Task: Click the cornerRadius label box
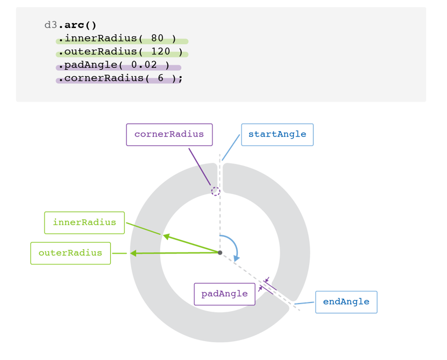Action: pyautogui.click(x=169, y=134)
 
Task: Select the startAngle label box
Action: pyautogui.click(x=277, y=134)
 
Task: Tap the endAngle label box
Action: pyautogui.click(x=346, y=302)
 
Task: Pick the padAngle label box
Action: pyautogui.click(x=224, y=294)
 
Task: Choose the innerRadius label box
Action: pyautogui.click(x=84, y=222)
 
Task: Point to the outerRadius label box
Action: pyautogui.click(x=70, y=253)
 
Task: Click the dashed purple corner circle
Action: pyautogui.click(x=215, y=191)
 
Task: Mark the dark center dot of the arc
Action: pyautogui.click(x=220, y=253)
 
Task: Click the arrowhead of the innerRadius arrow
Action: pyautogui.click(x=166, y=236)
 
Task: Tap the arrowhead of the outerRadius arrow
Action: pyautogui.click(x=133, y=253)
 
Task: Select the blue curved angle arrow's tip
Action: pyautogui.click(x=236, y=259)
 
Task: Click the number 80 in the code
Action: pyautogui.click(x=157, y=39)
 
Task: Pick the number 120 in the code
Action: pyautogui.click(x=160, y=52)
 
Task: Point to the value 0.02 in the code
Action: pyautogui.click(x=144, y=65)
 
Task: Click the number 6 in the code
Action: pyautogui.click(x=161, y=78)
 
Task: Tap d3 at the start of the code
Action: pyautogui.click(x=51, y=25)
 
